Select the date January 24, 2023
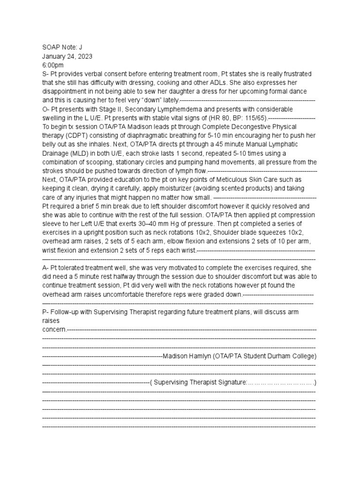click(67, 56)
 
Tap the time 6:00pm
click(53, 65)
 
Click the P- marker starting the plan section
click(45, 312)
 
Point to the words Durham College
click(291, 356)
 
